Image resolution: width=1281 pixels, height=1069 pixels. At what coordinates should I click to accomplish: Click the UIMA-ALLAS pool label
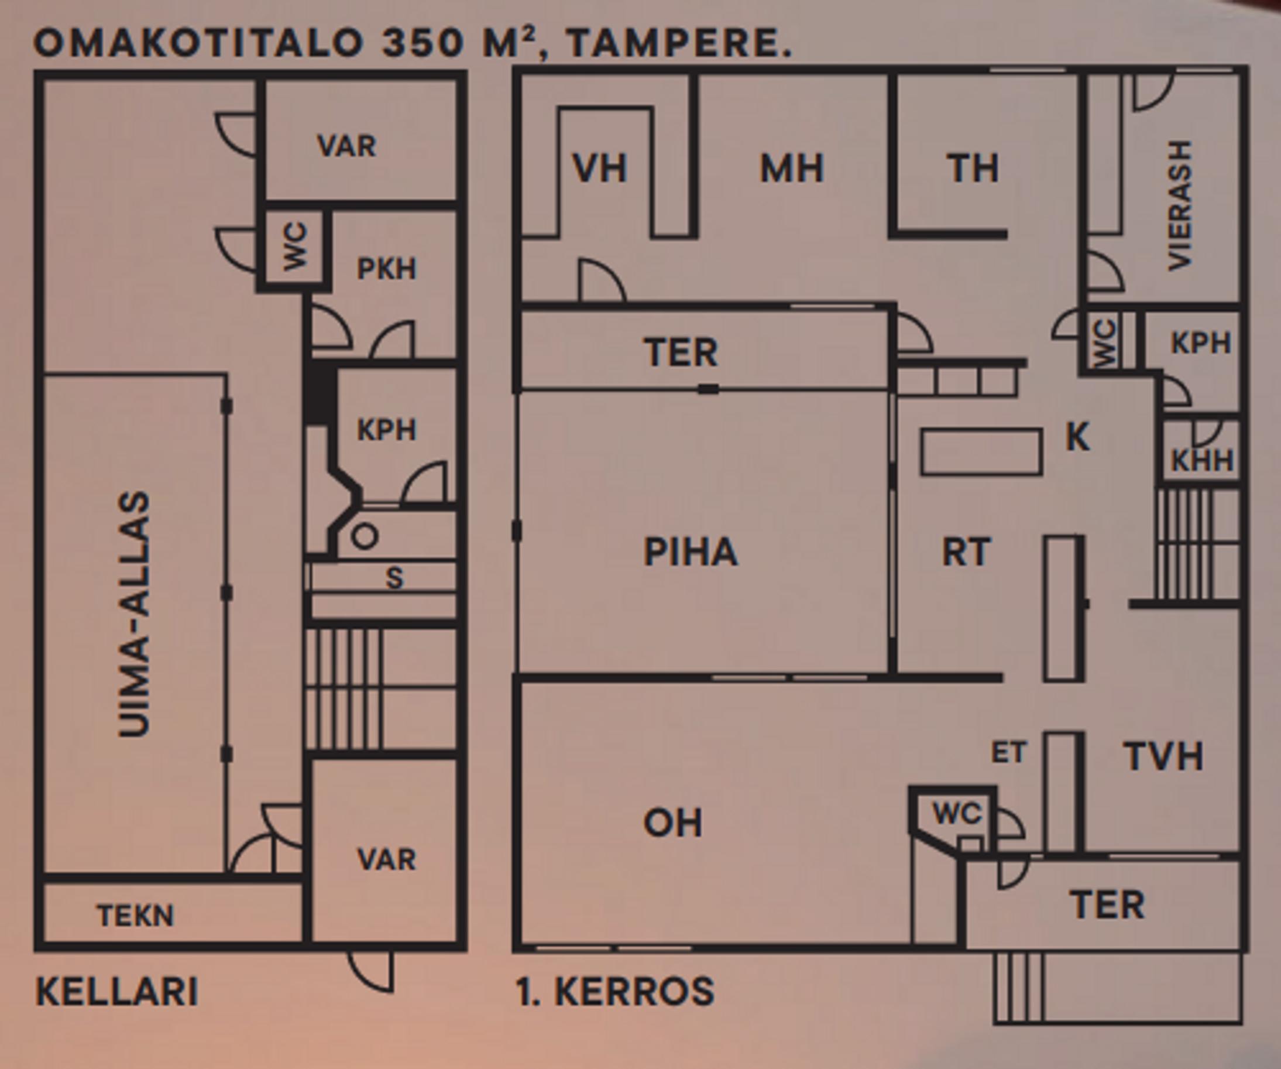[x=133, y=615]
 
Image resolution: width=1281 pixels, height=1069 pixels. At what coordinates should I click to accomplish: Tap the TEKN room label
[x=135, y=915]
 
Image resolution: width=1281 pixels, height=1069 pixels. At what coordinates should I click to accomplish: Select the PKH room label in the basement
[x=386, y=269]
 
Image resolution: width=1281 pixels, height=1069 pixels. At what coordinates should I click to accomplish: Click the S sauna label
[x=394, y=578]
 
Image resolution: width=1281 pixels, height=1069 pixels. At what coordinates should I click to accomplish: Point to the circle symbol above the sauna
[x=365, y=536]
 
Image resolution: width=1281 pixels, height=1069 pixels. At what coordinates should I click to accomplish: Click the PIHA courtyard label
[x=691, y=552]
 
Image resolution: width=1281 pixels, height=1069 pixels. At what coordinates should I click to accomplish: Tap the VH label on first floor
[x=600, y=169]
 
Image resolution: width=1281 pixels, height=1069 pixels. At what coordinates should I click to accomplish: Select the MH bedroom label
[x=792, y=169]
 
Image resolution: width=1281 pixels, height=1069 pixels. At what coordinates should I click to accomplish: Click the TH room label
[x=973, y=169]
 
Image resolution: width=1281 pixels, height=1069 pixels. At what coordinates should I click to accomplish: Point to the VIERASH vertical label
[x=1179, y=205]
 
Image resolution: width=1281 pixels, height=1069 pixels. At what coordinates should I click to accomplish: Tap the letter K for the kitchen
[x=1077, y=437]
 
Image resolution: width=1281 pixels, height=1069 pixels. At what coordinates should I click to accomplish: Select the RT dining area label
[x=966, y=552]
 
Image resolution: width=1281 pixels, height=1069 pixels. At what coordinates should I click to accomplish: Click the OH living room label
[x=672, y=823]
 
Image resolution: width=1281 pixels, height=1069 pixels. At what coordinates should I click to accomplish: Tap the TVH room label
[x=1163, y=756]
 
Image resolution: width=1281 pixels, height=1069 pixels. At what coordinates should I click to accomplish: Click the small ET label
[x=1008, y=752]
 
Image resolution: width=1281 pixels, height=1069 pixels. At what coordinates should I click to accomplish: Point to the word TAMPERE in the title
[x=679, y=43]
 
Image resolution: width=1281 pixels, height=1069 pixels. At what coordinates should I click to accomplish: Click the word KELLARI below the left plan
[x=117, y=992]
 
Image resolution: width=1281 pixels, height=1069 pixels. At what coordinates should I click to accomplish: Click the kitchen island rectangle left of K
[x=981, y=452]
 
